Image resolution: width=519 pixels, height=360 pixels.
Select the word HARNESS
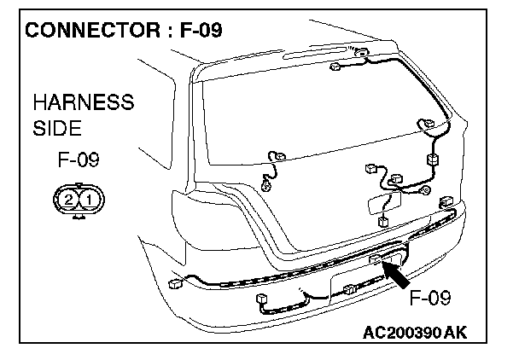[83, 103]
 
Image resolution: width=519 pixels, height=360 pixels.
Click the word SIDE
[56, 129]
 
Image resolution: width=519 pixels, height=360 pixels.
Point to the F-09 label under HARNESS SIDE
[79, 160]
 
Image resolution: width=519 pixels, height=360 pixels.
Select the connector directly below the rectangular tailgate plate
[382, 221]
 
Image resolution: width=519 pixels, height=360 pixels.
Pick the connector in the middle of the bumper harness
[349, 292]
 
